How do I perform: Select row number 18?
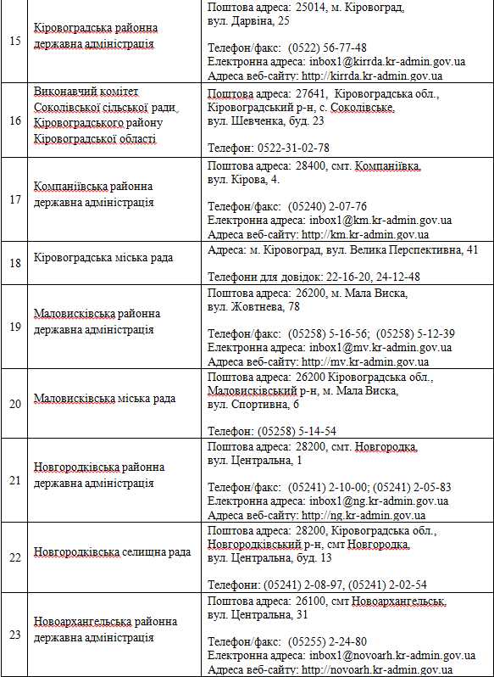15,263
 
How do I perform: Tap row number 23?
15,635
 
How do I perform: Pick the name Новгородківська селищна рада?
112,552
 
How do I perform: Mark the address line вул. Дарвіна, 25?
248,20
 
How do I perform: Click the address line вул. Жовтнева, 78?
253,306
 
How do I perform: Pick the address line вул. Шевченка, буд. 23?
266,120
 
